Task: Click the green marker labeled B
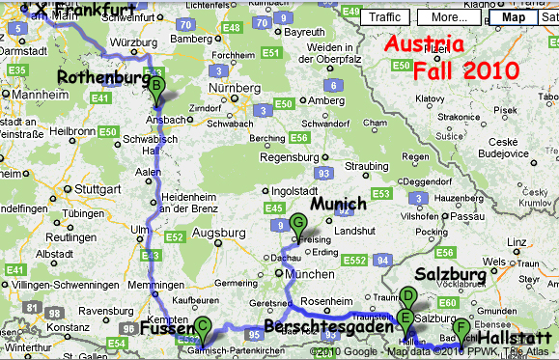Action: coord(155,88)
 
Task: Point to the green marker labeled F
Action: coord(461,329)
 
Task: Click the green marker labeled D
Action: coord(407,298)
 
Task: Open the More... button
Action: coord(450,16)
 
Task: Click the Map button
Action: coord(514,16)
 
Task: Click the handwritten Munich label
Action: coord(339,204)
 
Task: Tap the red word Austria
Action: coord(424,45)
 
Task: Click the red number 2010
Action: coord(491,70)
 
